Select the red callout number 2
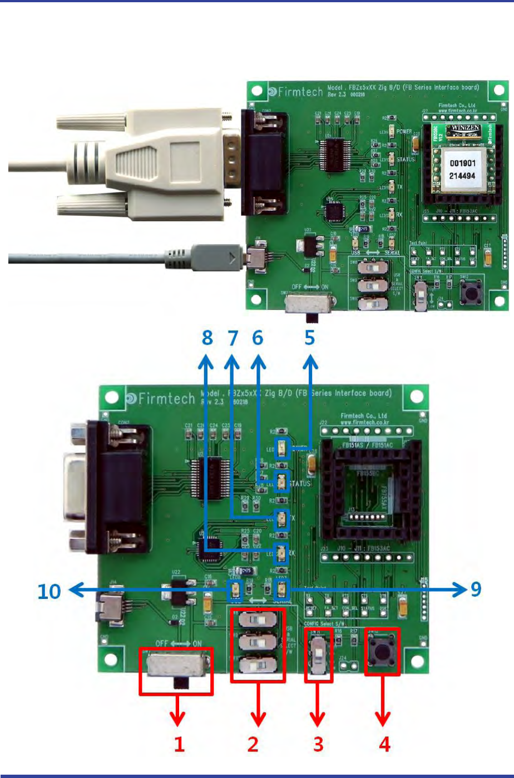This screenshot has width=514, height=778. click(x=253, y=744)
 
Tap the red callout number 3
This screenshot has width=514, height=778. click(x=318, y=744)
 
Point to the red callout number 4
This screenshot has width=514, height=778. click(x=384, y=744)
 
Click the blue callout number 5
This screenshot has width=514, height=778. click(x=309, y=338)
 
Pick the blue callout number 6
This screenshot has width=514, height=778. click(x=258, y=338)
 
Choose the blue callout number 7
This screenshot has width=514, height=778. click(x=232, y=338)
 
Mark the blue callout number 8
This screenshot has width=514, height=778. click(x=206, y=338)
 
